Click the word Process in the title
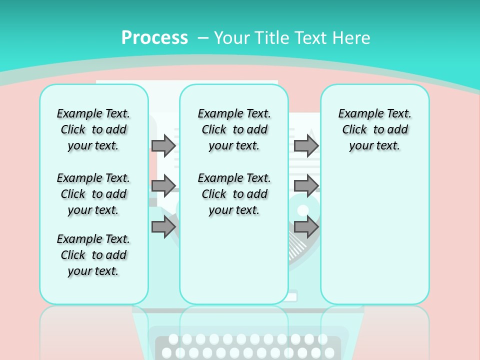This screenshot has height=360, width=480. (x=154, y=38)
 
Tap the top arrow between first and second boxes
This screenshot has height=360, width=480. (x=163, y=145)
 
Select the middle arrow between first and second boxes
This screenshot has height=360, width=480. (x=163, y=185)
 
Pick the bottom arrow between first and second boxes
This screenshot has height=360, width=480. (x=163, y=227)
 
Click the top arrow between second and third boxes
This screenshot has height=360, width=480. (x=306, y=145)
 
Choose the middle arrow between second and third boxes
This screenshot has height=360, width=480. (x=306, y=185)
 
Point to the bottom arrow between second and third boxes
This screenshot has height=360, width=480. (x=306, y=227)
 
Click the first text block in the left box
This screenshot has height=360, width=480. (x=93, y=129)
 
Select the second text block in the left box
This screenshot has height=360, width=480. (x=93, y=194)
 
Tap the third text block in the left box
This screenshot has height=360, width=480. (x=93, y=255)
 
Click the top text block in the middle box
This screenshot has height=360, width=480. (x=234, y=129)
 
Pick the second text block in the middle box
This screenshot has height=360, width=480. (x=234, y=194)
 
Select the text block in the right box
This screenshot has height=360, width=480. (x=374, y=129)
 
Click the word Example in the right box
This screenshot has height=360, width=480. (x=357, y=113)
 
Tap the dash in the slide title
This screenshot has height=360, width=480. (x=203, y=38)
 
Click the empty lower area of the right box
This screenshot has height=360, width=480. (x=374, y=235)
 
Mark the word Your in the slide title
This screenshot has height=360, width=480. (x=232, y=38)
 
